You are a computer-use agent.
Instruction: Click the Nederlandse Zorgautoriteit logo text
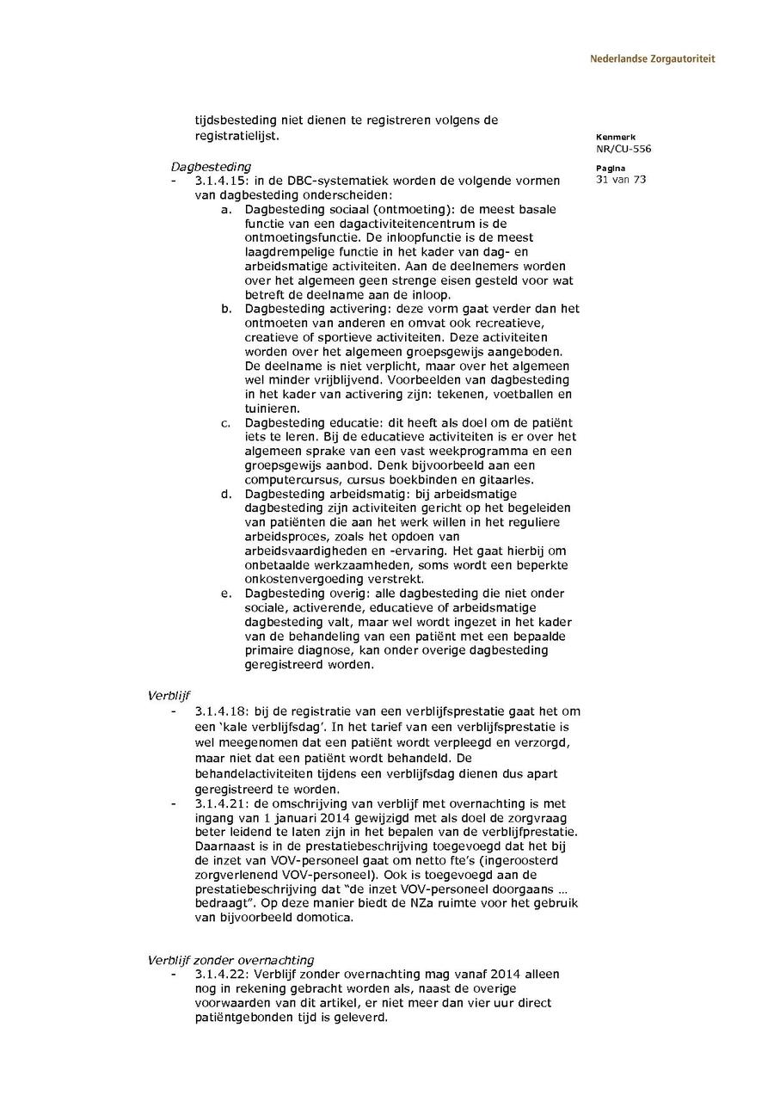(x=652, y=59)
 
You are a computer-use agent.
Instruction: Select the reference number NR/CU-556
(x=623, y=149)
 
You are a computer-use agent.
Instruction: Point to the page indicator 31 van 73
(x=620, y=180)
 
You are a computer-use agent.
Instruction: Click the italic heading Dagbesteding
(x=211, y=166)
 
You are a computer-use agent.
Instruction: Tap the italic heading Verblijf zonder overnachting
(x=230, y=960)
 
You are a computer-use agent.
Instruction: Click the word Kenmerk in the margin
(x=615, y=137)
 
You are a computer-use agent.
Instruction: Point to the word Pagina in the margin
(x=611, y=168)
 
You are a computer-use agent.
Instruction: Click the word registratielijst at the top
(x=236, y=136)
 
